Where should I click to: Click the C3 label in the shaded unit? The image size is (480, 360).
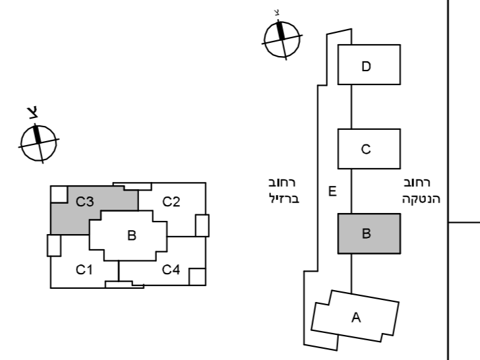click(85, 202)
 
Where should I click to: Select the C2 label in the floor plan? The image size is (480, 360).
click(171, 202)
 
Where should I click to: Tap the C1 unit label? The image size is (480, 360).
click(84, 270)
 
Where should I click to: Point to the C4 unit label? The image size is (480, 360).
click(171, 270)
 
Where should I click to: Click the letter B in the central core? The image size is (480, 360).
click(132, 235)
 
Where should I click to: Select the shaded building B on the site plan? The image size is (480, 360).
click(369, 233)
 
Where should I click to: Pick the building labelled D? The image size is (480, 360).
click(369, 65)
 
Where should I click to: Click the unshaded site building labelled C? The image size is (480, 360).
click(369, 149)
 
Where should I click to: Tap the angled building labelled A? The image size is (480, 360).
click(355, 316)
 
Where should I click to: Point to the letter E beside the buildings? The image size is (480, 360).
click(332, 191)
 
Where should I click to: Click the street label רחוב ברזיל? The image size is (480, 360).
click(284, 191)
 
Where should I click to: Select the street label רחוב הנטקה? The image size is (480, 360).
click(421, 191)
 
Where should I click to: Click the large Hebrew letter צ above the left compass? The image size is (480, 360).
click(33, 112)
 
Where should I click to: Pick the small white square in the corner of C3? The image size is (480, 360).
click(59, 194)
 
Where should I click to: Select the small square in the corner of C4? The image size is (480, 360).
click(197, 277)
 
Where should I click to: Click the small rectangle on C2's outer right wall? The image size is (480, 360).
click(202, 225)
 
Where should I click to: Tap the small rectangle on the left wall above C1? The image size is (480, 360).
click(54, 245)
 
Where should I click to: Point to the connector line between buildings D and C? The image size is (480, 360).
click(351, 107)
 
